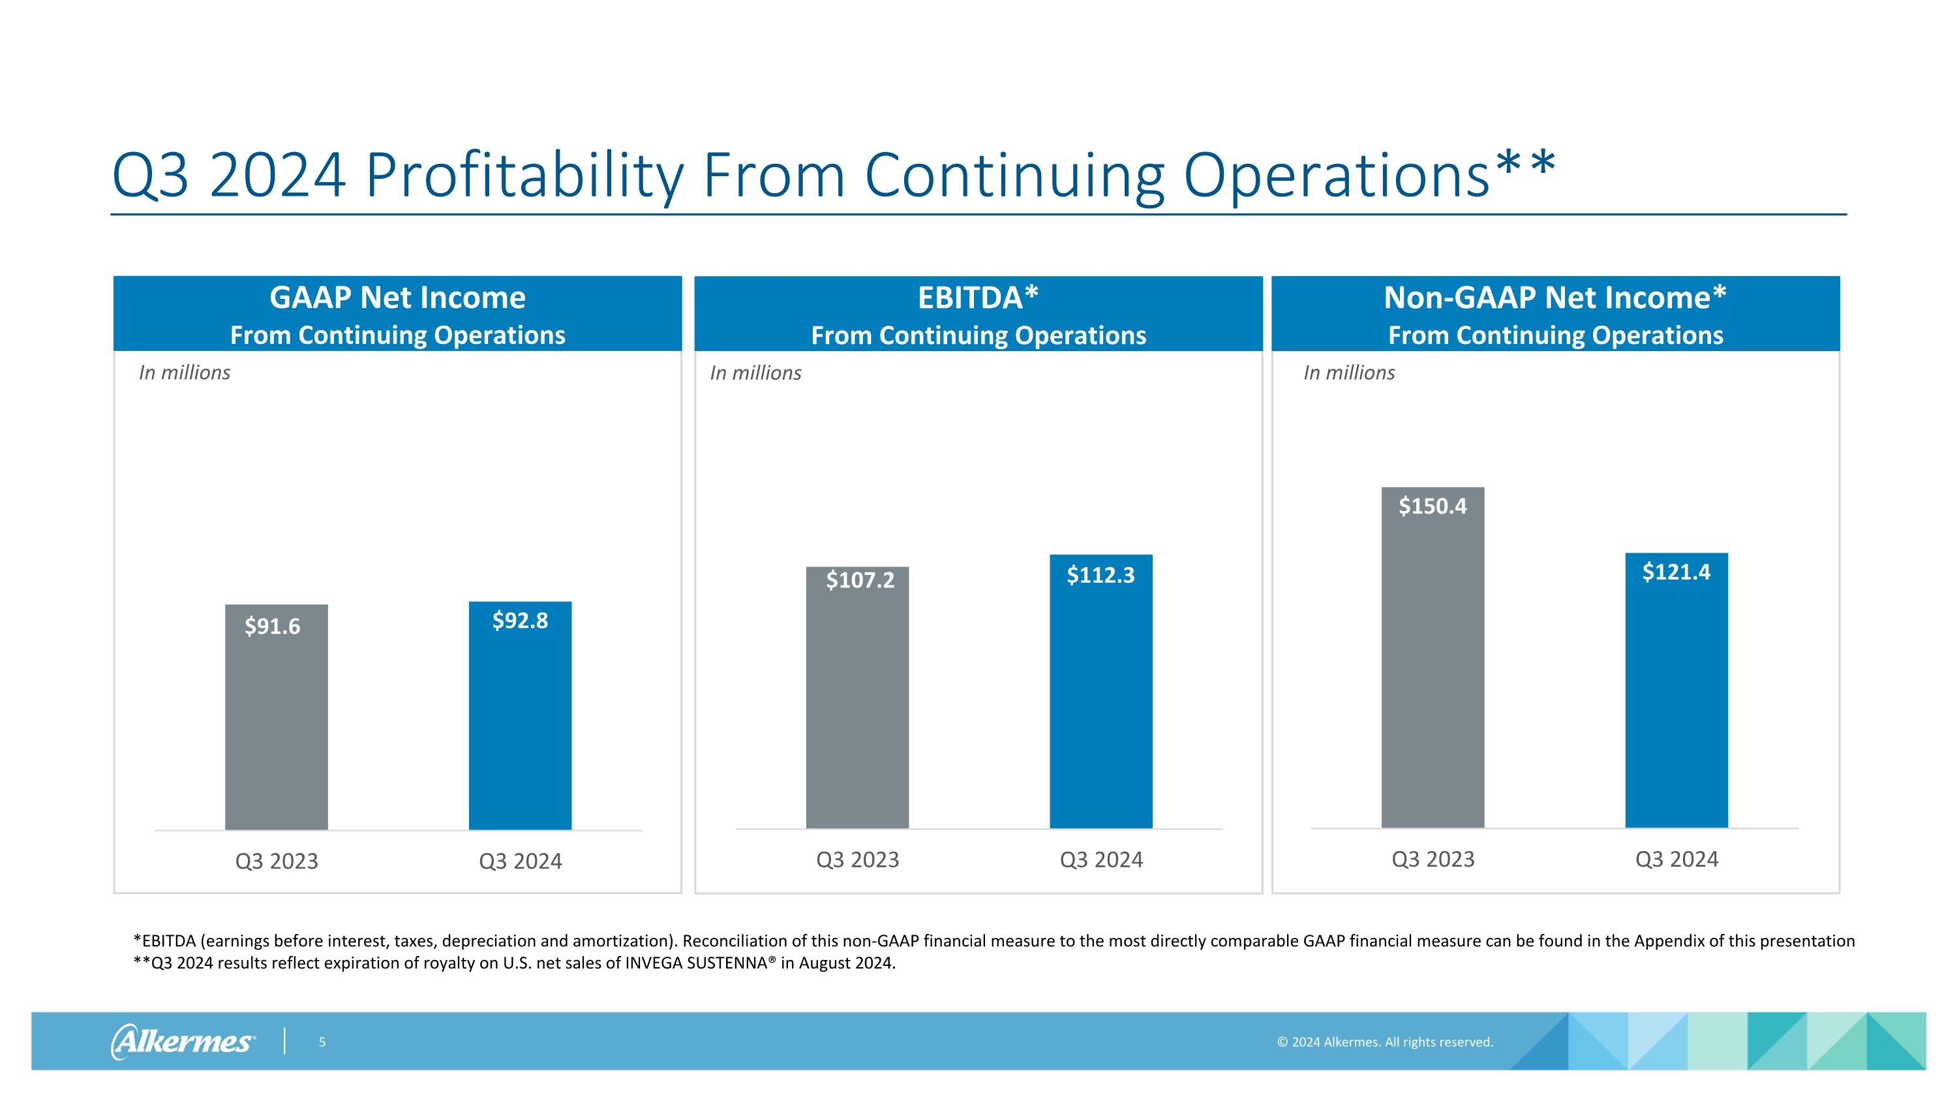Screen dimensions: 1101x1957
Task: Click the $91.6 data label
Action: [x=272, y=626]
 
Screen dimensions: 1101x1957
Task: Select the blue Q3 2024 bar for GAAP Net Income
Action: [x=520, y=730]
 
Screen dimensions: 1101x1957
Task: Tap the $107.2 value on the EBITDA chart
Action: [x=860, y=580]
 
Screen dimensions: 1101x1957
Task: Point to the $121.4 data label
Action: [x=1676, y=572]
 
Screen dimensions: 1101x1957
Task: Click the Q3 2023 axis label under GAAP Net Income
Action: [x=277, y=861]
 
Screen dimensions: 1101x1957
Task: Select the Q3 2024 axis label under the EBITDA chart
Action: [x=1101, y=860]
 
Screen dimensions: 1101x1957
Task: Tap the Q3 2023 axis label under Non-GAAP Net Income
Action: [x=1433, y=859]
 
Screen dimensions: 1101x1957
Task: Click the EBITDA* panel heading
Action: [x=978, y=298]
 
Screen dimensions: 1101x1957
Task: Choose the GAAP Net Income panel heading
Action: [x=397, y=298]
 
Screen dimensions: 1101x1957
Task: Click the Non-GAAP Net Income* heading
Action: [x=1555, y=298]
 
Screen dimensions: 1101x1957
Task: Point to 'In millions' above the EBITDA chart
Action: [x=755, y=373]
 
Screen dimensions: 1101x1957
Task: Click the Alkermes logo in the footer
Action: [x=183, y=1041]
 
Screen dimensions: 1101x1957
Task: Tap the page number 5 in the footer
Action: [x=322, y=1042]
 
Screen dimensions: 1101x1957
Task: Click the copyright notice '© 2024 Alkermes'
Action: [x=1385, y=1042]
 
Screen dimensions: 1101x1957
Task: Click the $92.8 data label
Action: [x=520, y=621]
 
